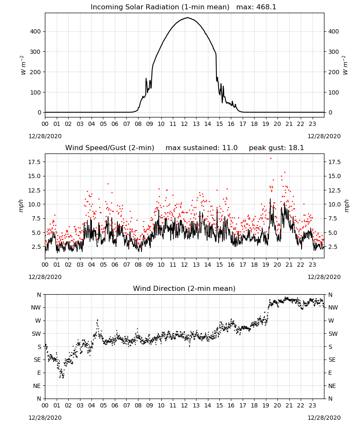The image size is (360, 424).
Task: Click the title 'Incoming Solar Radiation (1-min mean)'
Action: [160, 7]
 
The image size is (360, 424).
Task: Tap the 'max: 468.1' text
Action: [256, 7]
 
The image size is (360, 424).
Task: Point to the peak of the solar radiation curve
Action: [188, 17]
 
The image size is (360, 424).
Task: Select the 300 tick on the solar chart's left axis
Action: [36, 52]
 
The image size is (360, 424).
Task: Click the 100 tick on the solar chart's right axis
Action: [333, 92]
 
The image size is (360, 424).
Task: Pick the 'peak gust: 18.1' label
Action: [276, 148]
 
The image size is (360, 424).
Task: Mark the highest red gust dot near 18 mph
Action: [271, 159]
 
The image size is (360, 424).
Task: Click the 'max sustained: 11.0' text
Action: [202, 148]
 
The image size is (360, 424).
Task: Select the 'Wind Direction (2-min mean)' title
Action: [184, 288]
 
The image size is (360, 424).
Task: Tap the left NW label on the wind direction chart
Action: [36, 307]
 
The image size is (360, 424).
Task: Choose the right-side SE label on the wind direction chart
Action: [332, 360]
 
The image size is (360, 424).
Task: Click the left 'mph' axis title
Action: [21, 206]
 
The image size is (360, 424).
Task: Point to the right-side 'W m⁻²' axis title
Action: [345, 65]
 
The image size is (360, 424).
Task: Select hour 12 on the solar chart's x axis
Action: [184, 124]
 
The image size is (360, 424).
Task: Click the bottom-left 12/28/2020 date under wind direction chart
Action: [45, 418]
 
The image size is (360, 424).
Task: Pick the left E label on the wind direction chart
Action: [39, 373]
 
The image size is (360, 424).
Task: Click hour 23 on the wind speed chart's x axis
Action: [313, 265]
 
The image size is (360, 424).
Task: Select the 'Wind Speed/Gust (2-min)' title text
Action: [110, 148]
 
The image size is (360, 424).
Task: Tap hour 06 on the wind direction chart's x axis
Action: [115, 405]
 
